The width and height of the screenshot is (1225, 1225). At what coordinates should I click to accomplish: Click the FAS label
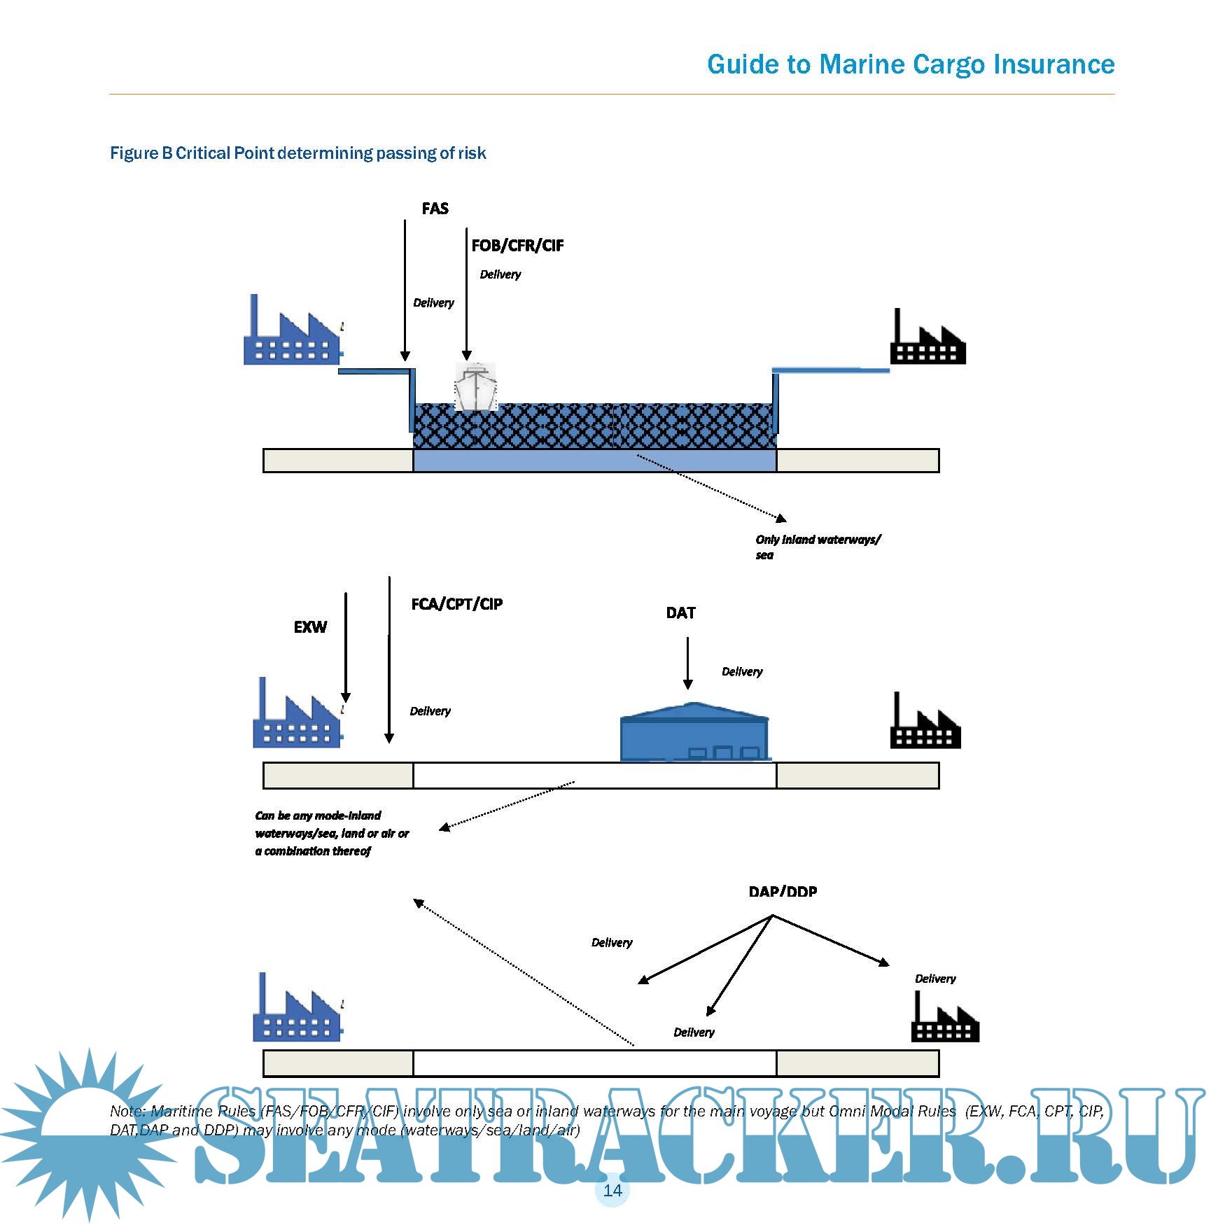[x=435, y=209]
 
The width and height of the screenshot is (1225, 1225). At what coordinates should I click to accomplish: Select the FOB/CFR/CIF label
[x=517, y=246]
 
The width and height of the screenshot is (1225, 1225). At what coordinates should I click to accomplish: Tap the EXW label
[x=310, y=627]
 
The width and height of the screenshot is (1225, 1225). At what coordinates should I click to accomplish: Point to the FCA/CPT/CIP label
[x=456, y=604]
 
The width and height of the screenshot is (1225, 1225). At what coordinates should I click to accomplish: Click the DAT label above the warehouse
[x=680, y=613]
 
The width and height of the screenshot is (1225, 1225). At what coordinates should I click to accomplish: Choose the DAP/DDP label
[x=783, y=892]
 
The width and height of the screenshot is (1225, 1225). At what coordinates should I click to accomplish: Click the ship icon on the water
[x=475, y=386]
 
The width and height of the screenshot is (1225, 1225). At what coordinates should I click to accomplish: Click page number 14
[x=612, y=1190]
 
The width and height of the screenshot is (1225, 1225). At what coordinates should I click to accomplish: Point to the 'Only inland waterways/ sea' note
[x=818, y=547]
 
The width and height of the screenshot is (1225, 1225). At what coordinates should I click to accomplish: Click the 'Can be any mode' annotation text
[x=331, y=833]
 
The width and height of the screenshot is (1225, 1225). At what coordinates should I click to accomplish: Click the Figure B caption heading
[x=297, y=153]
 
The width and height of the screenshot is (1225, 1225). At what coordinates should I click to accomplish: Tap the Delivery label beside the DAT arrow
[x=742, y=672]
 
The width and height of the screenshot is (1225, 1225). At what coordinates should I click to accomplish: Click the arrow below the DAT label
[x=687, y=663]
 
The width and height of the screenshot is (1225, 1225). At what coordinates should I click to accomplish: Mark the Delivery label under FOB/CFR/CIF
[x=500, y=274]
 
